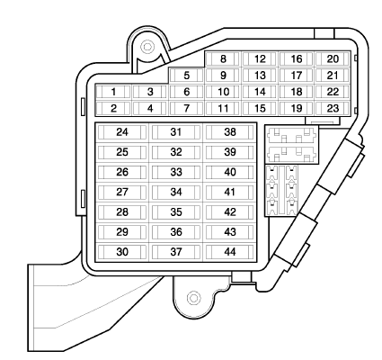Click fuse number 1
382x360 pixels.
(x=113, y=92)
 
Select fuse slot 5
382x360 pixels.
(x=186, y=75)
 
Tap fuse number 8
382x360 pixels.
(x=223, y=58)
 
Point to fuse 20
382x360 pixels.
(x=333, y=58)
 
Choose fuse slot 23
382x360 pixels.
(x=333, y=108)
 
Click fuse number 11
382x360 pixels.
(x=223, y=108)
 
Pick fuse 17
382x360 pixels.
(x=296, y=75)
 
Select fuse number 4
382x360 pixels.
(x=150, y=108)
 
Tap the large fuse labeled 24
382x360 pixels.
(x=122, y=132)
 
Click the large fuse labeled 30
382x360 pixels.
(x=122, y=252)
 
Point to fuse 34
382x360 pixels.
(x=176, y=192)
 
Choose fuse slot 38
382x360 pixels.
(x=230, y=132)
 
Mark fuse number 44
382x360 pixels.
(x=230, y=252)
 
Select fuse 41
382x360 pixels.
(x=230, y=192)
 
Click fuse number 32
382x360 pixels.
(x=176, y=152)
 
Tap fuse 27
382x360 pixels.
(x=122, y=192)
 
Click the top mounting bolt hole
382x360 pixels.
(x=147, y=47)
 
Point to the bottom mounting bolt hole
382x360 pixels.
(x=194, y=298)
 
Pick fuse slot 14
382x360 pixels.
(x=260, y=92)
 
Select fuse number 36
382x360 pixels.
(x=176, y=231)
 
